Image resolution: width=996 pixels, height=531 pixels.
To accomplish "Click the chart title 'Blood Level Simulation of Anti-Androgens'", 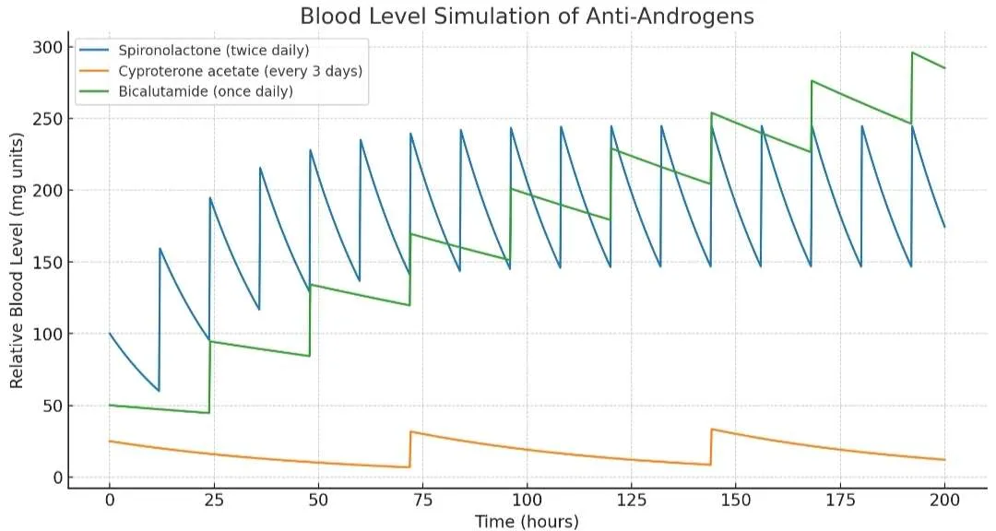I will pyautogui.click(x=527, y=17).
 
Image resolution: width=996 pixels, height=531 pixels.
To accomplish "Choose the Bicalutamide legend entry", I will pyautogui.click(x=204, y=91).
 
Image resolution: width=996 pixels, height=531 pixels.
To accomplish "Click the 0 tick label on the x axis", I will pyautogui.click(x=110, y=499).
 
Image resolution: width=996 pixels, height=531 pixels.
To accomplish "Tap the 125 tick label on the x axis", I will pyautogui.click(x=631, y=499).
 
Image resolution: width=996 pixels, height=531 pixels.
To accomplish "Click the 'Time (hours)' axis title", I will pyautogui.click(x=527, y=522).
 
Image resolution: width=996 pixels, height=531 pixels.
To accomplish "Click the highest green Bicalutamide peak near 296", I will pyautogui.click(x=912, y=53).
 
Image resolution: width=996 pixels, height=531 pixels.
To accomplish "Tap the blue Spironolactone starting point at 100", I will pyautogui.click(x=110, y=334).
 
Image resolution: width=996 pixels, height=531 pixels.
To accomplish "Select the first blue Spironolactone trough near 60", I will pyautogui.click(x=159, y=391).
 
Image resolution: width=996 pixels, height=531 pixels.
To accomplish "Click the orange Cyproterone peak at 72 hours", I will pyautogui.click(x=411, y=431).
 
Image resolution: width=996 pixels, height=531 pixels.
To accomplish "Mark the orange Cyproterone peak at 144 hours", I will pyautogui.click(x=712, y=429).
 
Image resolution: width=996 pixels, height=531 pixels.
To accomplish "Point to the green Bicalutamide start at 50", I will pyautogui.click(x=110, y=405).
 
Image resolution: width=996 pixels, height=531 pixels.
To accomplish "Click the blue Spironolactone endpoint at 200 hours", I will pyautogui.click(x=944, y=227).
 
